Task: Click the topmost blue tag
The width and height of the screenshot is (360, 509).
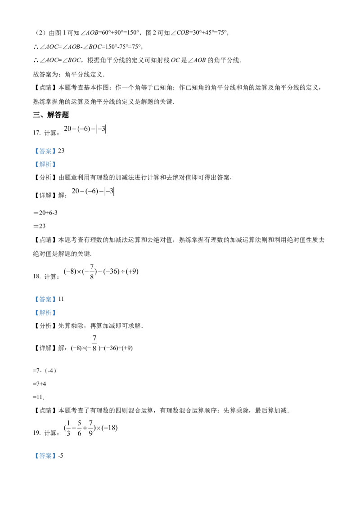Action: coord(45,151)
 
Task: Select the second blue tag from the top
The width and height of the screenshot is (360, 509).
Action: coord(45,165)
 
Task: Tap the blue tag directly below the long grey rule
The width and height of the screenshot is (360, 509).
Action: coord(45,299)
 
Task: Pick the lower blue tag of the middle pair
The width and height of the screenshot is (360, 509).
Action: coord(45,313)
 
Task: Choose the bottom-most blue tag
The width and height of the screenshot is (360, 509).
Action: coord(45,455)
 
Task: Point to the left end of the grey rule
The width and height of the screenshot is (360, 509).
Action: coord(94,279)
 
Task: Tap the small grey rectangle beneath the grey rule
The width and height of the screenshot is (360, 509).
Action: coord(94,343)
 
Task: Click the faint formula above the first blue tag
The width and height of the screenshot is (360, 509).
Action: coord(85,130)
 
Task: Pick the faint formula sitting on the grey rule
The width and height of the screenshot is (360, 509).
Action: coord(101,271)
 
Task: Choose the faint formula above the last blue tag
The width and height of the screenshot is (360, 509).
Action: coord(90,428)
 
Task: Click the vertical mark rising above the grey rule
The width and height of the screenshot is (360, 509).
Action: coord(91,269)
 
